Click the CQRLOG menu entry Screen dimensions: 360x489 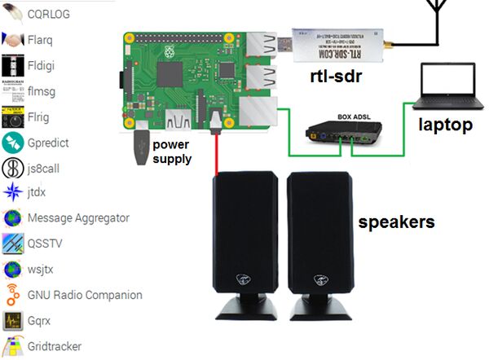click(x=50, y=14)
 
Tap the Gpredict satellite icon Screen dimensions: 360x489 click(x=12, y=143)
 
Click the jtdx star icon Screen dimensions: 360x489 click(x=12, y=193)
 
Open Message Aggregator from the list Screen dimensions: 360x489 click(x=77, y=218)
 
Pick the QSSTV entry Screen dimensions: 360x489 click(x=44, y=244)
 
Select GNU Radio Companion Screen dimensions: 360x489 click(x=84, y=295)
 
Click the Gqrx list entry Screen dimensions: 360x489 click(x=40, y=320)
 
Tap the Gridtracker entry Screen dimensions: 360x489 click(x=54, y=345)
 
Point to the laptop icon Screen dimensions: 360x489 click(x=445, y=87)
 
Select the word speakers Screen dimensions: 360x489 click(x=397, y=222)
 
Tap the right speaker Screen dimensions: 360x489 click(x=319, y=244)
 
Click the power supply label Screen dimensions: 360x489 click(x=172, y=151)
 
